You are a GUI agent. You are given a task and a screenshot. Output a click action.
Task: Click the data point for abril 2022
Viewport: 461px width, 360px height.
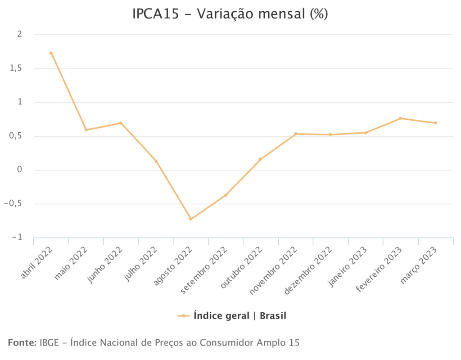point(51,53)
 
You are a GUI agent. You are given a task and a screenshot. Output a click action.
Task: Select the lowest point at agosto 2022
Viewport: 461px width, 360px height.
point(190,219)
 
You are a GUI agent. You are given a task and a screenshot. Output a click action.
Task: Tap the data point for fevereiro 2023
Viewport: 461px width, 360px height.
point(400,118)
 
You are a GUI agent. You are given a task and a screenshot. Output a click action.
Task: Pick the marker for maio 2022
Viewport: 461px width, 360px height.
point(86,130)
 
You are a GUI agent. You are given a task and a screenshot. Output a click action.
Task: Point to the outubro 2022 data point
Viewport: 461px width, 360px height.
point(260,159)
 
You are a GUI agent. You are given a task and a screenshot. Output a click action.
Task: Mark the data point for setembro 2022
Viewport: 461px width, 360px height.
point(226,195)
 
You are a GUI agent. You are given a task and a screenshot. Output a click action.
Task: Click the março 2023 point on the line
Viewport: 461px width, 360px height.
point(436,123)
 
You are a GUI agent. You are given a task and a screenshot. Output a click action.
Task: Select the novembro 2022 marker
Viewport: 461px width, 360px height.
point(295,134)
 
